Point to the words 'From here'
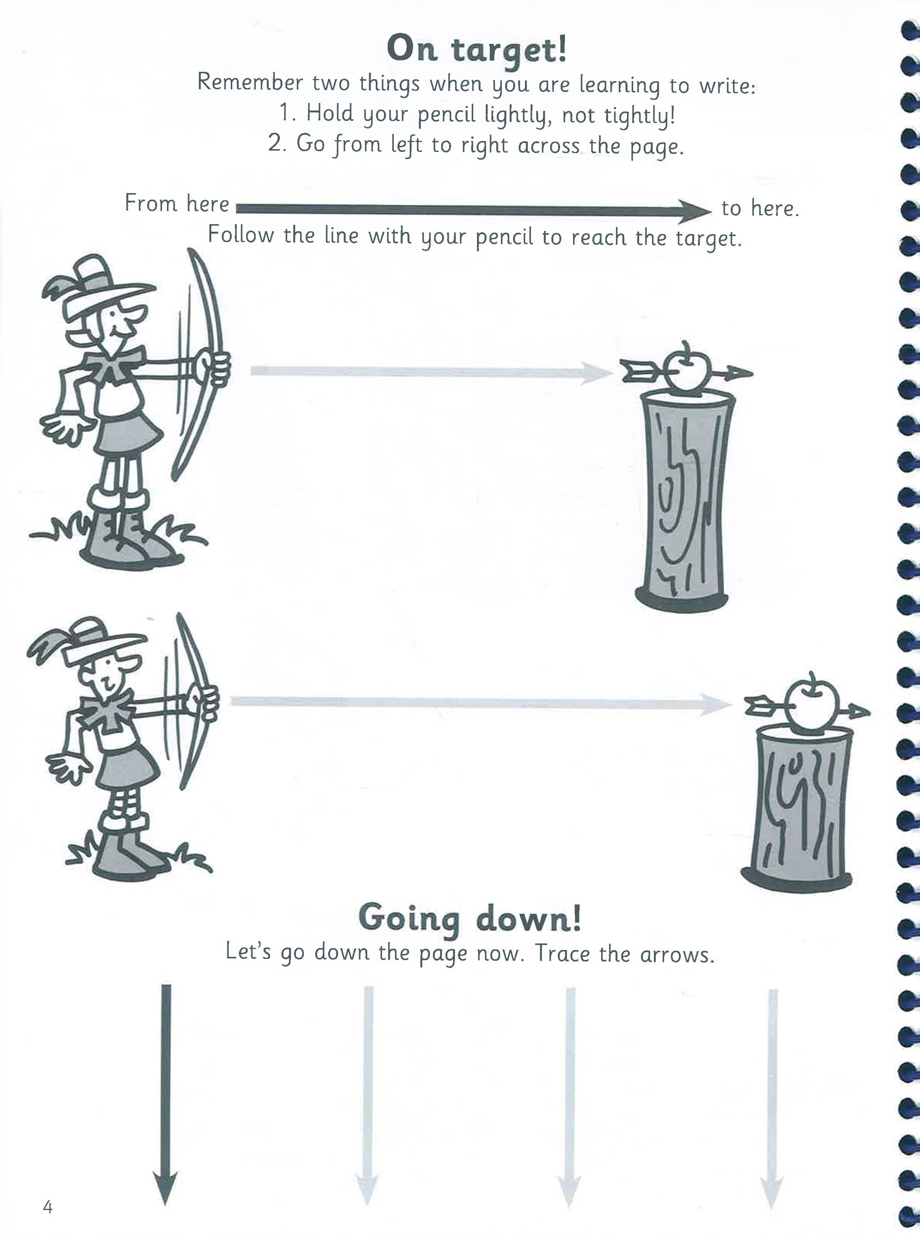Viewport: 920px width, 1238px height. tap(177, 203)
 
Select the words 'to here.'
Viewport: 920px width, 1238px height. tap(760, 209)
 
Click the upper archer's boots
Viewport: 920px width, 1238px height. tap(128, 541)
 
